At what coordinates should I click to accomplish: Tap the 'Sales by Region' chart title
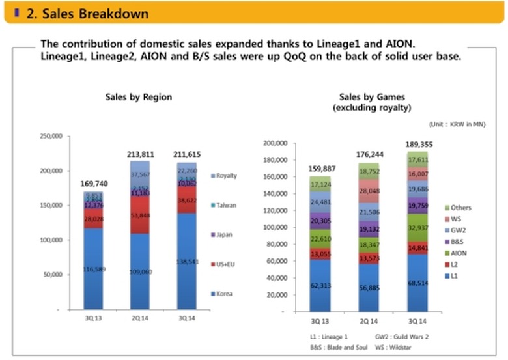point(139,97)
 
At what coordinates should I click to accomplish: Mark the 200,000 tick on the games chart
point(279,143)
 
